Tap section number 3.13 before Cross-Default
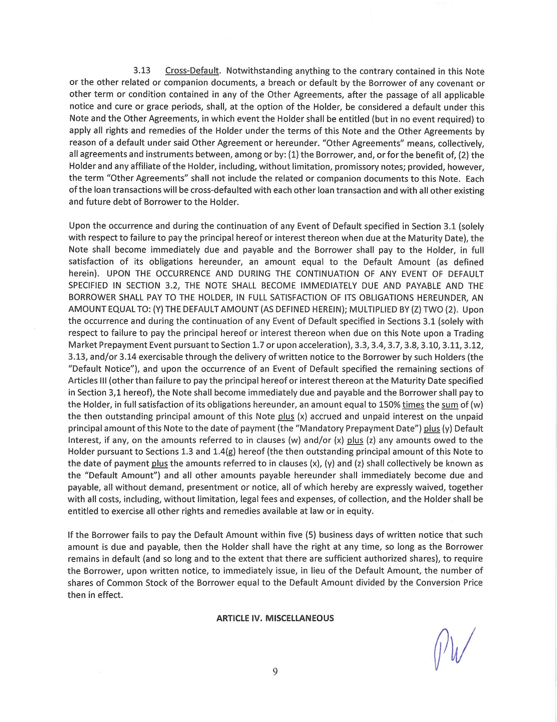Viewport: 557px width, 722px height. [x=142, y=71]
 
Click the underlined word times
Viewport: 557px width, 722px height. [x=413, y=405]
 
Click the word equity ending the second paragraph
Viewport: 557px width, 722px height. [x=360, y=511]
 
